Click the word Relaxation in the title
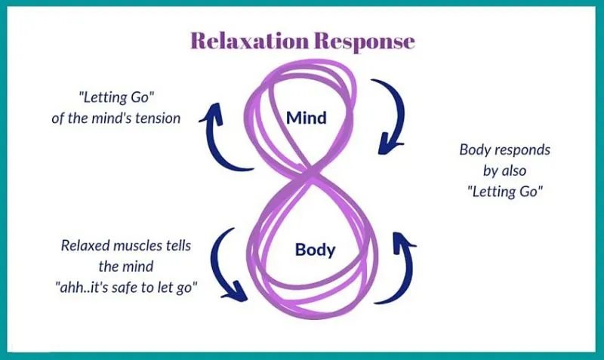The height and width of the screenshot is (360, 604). click(x=250, y=41)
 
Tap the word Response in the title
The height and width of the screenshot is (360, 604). click(x=365, y=42)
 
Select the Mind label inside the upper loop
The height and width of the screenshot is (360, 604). click(x=307, y=118)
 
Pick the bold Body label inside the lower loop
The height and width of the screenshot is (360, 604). click(x=315, y=251)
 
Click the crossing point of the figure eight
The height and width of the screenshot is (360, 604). click(x=311, y=174)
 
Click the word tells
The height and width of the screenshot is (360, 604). click(x=178, y=245)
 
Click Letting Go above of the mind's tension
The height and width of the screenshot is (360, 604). click(x=116, y=97)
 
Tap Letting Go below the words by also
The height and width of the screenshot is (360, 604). click(x=505, y=192)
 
